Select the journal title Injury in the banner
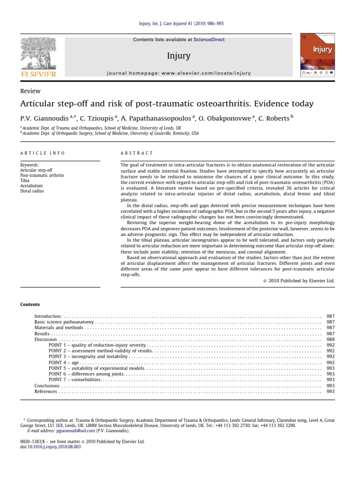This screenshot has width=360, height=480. click(x=179, y=56)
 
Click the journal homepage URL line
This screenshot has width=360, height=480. click(x=179, y=73)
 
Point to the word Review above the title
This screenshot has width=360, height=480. click(x=30, y=91)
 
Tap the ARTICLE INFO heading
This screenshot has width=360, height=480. click(x=43, y=153)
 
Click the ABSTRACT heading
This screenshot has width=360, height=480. click(x=137, y=153)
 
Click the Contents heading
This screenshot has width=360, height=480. click(x=30, y=304)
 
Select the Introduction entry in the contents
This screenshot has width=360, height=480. click(x=48, y=316)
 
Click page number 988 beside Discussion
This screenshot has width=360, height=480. click(x=330, y=339)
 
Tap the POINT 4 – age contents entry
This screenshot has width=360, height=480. click(x=64, y=362)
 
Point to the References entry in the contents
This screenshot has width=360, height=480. click(x=46, y=391)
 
